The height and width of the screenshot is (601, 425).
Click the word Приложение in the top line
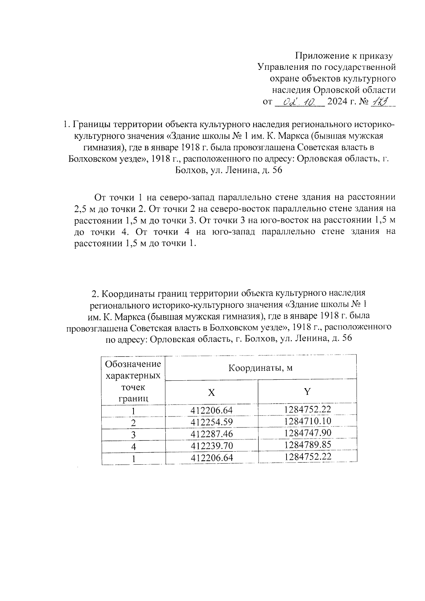(322, 56)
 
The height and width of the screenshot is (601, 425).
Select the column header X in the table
(211, 392)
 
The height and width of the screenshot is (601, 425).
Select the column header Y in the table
(307, 391)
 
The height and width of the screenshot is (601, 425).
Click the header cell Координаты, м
(260, 368)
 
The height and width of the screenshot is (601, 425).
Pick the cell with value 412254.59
(211, 422)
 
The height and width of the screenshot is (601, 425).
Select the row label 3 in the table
(133, 435)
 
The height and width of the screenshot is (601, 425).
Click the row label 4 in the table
(133, 447)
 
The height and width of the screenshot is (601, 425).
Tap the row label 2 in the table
(133, 423)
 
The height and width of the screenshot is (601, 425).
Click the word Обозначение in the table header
(133, 364)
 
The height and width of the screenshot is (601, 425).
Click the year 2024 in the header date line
(338, 102)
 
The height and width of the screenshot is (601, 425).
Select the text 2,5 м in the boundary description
(84, 209)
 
